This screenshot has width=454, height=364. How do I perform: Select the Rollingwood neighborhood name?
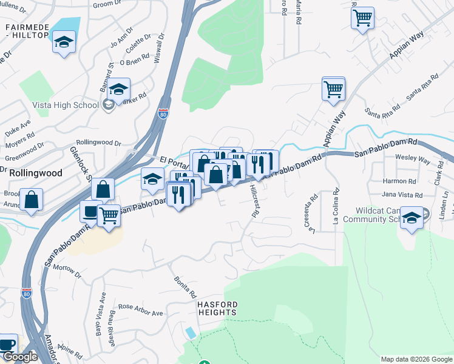[35, 173]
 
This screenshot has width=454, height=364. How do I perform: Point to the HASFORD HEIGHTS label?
[217, 308]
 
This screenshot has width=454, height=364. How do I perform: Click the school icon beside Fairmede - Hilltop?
[64, 42]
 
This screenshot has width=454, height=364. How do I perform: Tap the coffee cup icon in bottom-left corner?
[7, 344]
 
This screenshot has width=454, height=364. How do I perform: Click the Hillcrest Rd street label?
[255, 201]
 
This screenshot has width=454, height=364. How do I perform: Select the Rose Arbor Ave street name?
[141, 310]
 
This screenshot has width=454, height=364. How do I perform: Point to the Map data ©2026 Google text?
[416, 359]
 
